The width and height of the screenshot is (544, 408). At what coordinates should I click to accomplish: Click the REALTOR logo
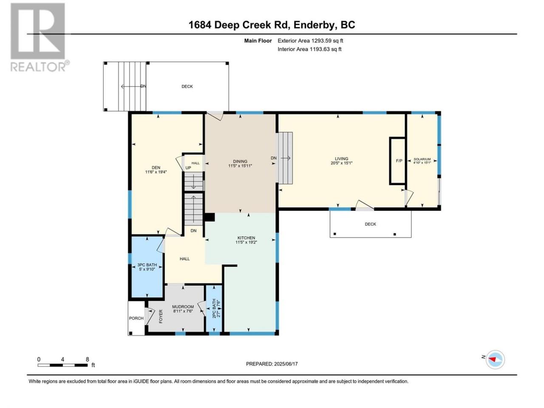pos(40,37)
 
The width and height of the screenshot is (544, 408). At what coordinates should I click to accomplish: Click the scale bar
pos(63,365)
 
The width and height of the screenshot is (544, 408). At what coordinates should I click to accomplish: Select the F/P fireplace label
pos(399,161)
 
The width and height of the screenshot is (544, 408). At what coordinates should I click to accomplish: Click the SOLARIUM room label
pos(422,159)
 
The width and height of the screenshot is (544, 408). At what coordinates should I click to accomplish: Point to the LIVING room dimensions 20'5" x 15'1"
pos(342,163)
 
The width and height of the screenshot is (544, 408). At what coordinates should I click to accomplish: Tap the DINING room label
pos(240,161)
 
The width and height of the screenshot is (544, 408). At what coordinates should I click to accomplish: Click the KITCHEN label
pos(246,238)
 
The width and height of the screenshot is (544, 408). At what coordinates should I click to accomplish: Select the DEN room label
pos(156,167)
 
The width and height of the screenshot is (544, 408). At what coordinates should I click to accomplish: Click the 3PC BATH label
pos(147,265)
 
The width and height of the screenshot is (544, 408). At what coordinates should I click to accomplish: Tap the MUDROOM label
pos(183,307)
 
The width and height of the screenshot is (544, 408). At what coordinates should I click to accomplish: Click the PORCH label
pos(136,318)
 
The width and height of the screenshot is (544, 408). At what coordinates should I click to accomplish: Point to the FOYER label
pos(161,316)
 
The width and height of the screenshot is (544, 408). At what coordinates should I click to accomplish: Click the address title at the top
pos(272,25)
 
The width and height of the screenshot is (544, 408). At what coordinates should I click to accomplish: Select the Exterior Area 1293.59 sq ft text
pos(310,41)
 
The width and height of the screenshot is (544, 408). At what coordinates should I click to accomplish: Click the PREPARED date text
pos(272,364)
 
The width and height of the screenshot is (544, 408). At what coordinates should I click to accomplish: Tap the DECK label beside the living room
pos(370,224)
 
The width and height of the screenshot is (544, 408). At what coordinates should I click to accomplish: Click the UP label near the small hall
pos(188,168)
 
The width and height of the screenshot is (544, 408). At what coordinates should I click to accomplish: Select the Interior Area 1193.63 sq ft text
pos(309,49)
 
